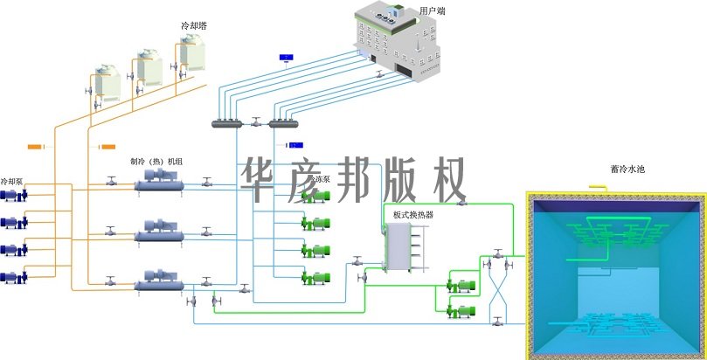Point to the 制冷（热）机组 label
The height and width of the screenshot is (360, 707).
156,162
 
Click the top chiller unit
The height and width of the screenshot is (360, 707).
158,183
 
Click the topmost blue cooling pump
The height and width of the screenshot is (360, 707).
13,197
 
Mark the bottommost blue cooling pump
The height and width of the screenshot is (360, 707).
13,278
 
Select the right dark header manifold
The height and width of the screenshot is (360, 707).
285,122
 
